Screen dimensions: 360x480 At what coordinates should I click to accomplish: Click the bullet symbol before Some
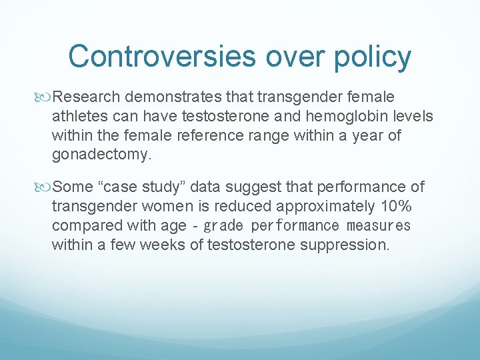[45, 185]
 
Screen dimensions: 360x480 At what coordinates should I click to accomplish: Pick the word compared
[83, 225]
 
